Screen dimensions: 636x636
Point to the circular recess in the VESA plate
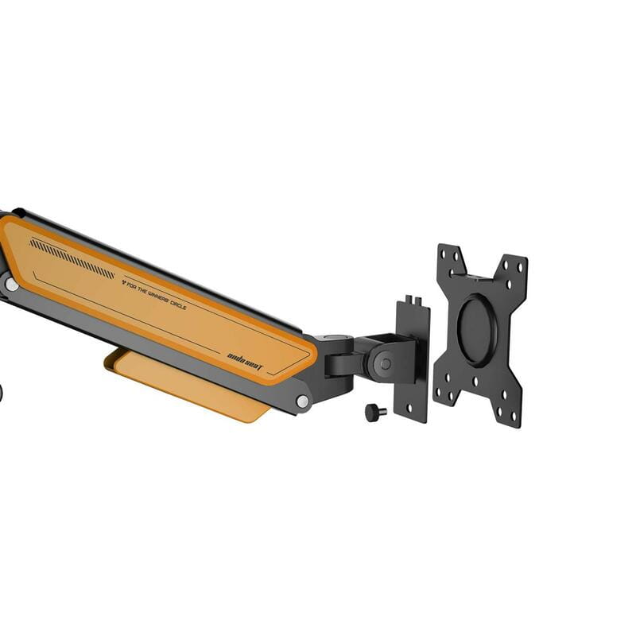point(477,330)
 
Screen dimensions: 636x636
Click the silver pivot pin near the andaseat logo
point(302,401)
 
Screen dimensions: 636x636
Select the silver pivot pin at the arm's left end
point(11,284)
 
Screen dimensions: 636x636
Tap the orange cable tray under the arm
point(191,386)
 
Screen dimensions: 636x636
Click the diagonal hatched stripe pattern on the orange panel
point(72,257)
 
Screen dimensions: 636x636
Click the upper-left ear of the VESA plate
point(450,261)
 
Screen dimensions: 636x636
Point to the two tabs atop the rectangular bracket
point(411,301)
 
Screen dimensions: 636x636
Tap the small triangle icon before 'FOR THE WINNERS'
point(123,281)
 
